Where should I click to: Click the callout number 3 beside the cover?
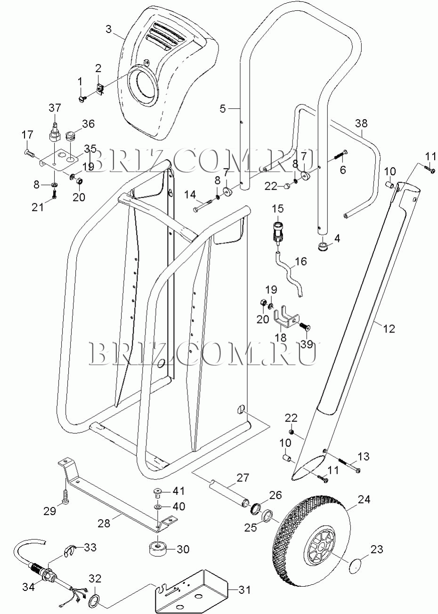tap(109, 29)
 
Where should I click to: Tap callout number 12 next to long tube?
tap(389, 328)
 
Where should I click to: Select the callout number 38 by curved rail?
tap(361, 123)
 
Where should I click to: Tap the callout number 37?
tap(55, 108)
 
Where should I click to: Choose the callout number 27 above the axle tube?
tap(243, 477)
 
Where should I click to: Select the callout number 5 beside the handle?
tap(223, 109)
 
